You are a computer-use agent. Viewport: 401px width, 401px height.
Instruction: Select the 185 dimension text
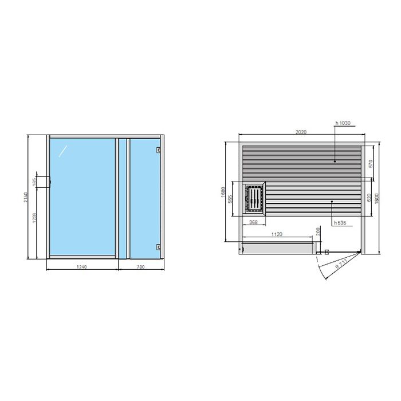click(x=35, y=183)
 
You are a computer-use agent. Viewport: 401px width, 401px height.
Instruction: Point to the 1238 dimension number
click(x=35, y=220)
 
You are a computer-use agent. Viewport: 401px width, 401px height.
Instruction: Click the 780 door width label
click(x=141, y=267)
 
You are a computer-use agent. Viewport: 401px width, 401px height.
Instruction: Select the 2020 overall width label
click(x=301, y=132)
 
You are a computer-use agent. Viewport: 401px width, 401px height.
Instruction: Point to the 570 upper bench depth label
click(x=371, y=163)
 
